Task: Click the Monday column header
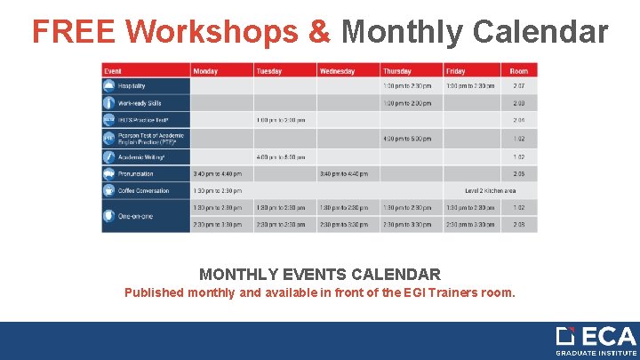[x=205, y=71]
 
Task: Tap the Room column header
[x=519, y=71]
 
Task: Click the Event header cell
[x=114, y=71]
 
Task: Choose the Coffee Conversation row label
[x=143, y=190]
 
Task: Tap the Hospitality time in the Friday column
[x=469, y=86]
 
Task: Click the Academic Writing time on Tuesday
[x=280, y=156]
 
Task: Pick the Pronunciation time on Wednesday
[x=343, y=173]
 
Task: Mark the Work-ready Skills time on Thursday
[x=406, y=103]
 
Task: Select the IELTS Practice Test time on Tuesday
[x=280, y=120]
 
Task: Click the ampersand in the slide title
[x=319, y=32]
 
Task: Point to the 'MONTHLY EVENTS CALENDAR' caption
[x=320, y=275]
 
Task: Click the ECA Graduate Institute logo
[x=596, y=341]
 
